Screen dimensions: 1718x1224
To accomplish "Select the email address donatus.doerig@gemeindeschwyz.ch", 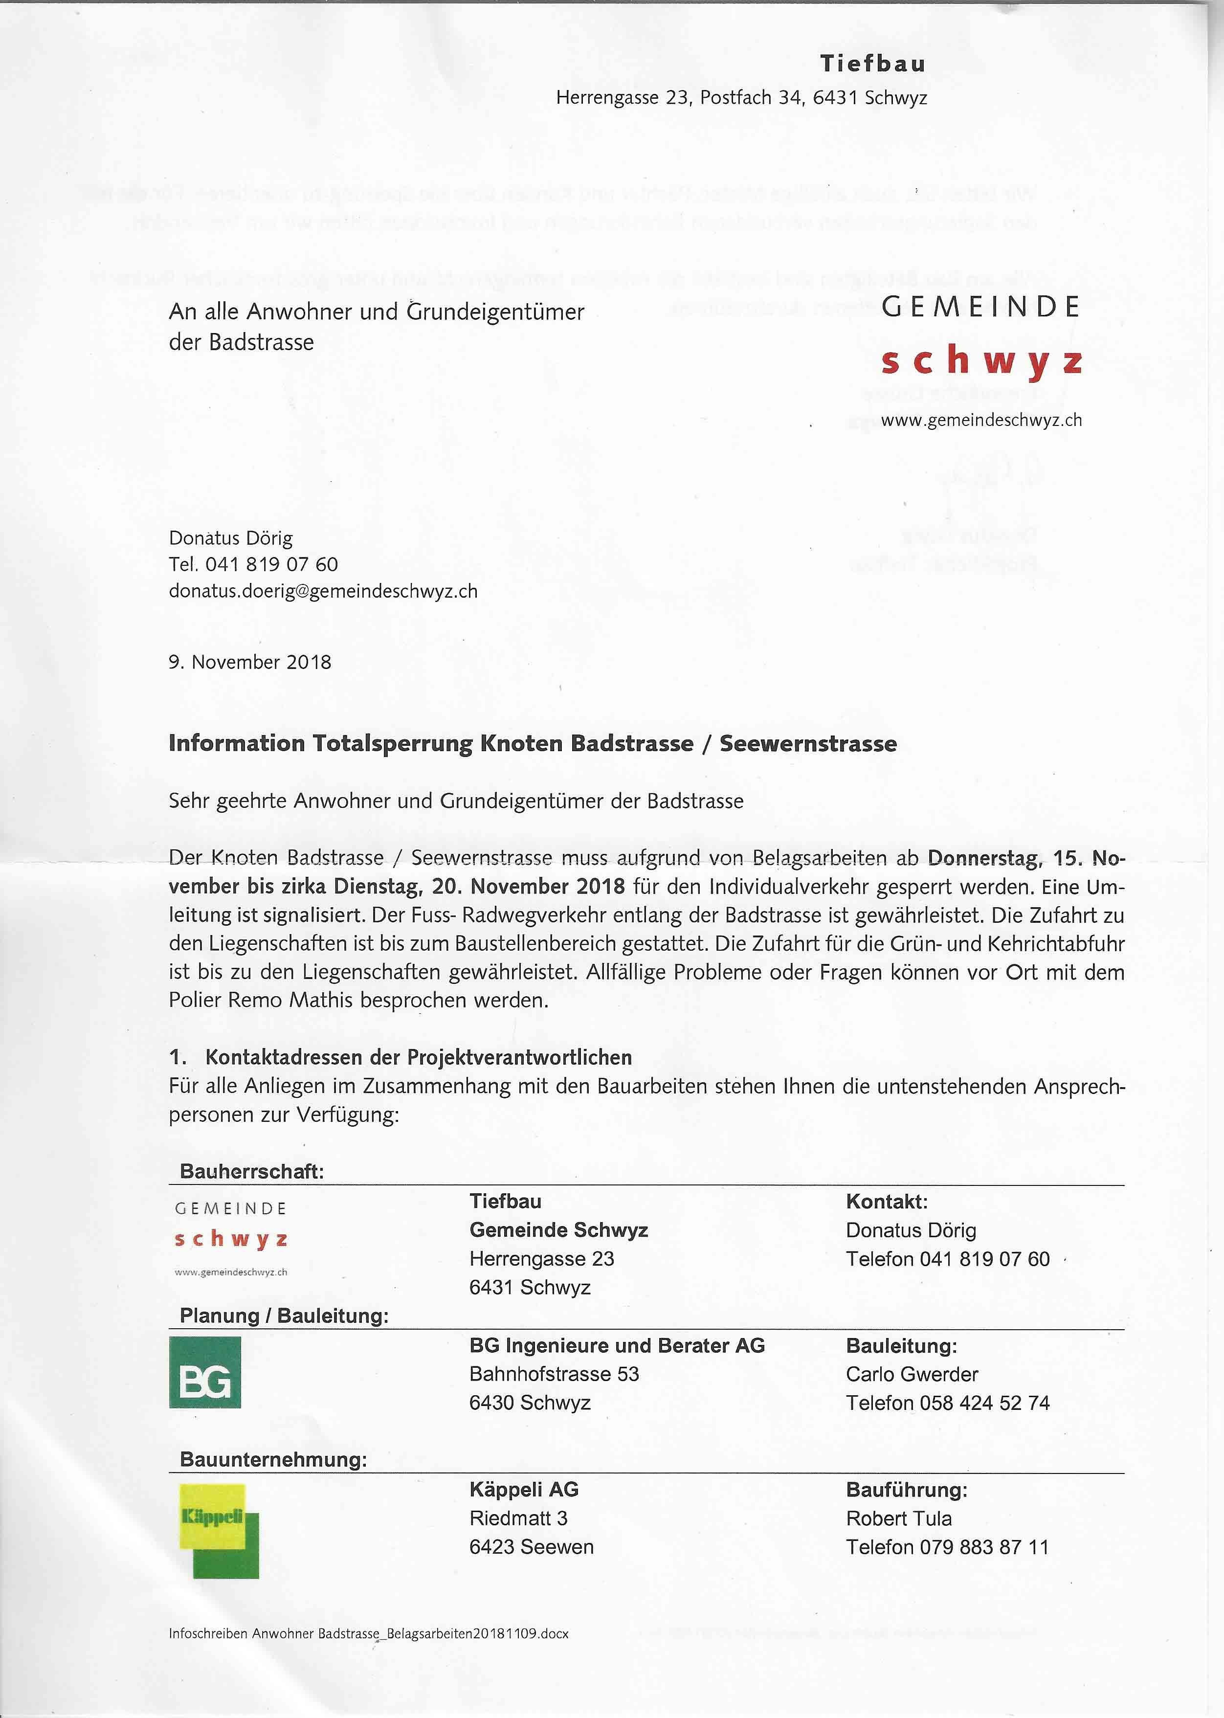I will (x=323, y=591).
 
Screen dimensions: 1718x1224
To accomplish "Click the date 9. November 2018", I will (x=249, y=662).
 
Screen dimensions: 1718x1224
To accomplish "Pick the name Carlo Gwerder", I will (x=911, y=1374).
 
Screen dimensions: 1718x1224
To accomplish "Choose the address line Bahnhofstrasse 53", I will (x=554, y=1374).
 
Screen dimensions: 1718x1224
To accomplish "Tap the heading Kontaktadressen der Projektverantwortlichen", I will (x=418, y=1057).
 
